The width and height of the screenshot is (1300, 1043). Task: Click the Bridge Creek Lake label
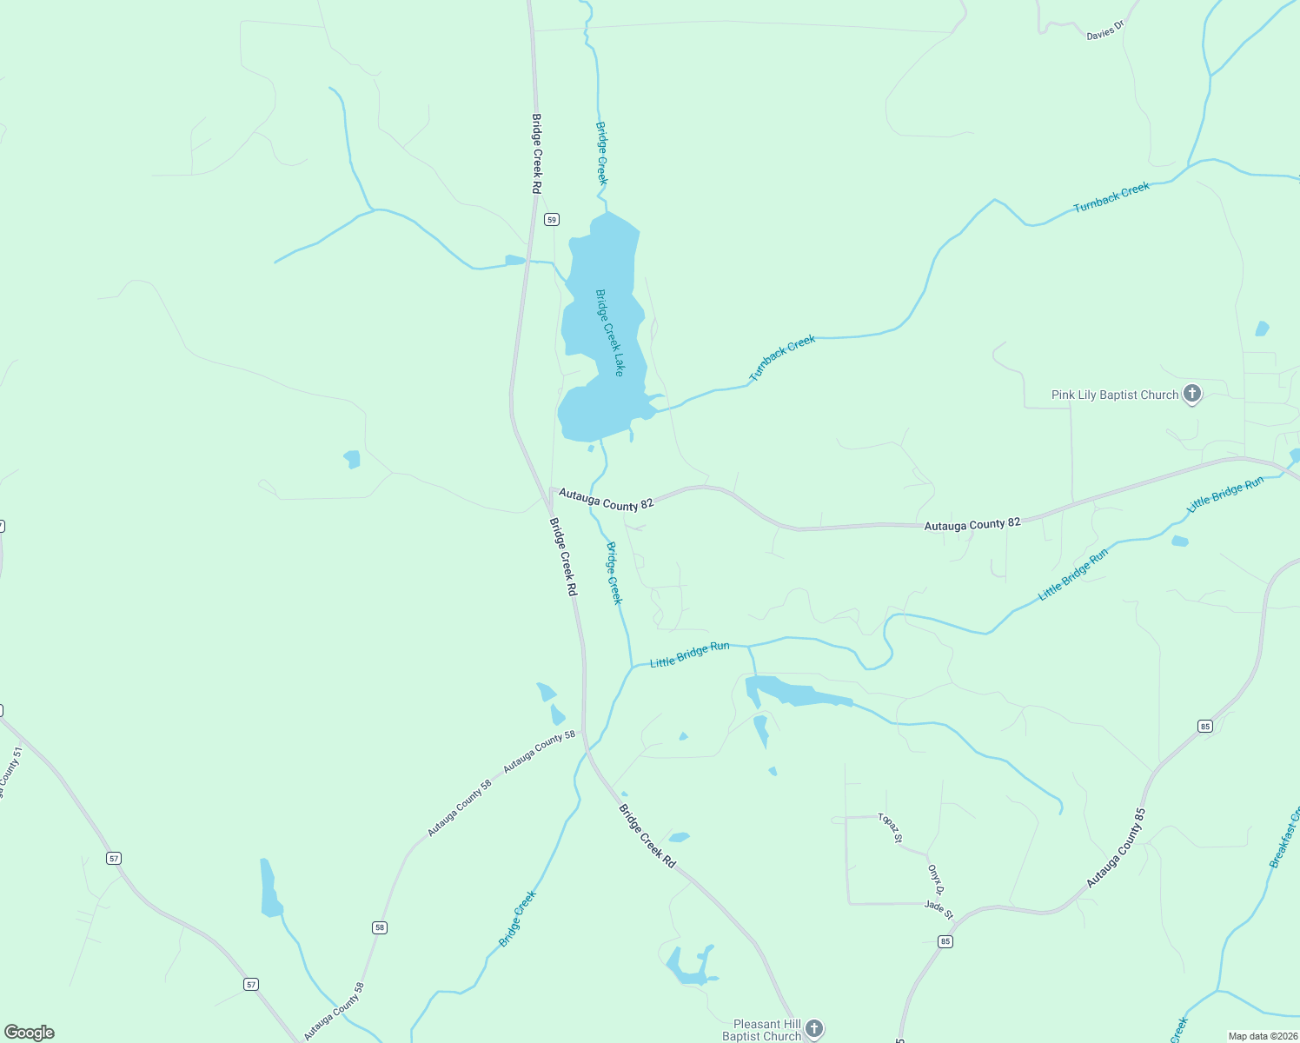(x=608, y=333)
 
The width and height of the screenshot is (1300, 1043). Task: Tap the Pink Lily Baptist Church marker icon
(x=1192, y=395)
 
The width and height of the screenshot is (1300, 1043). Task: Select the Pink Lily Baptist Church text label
(x=1115, y=395)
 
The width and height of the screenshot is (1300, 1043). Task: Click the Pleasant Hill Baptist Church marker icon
(x=814, y=1029)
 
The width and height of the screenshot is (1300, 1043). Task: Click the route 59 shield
(x=552, y=220)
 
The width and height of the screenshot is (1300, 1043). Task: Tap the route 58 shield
(x=380, y=927)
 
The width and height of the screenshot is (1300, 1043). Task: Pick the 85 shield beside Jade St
(x=945, y=941)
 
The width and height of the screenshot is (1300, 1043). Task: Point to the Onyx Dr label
(x=935, y=879)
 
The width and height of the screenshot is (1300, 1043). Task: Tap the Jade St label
(x=939, y=910)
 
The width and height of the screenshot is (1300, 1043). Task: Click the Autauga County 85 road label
(x=1117, y=848)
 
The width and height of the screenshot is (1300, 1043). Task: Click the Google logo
(x=30, y=1033)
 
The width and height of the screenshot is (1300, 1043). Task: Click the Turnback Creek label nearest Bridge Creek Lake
(x=782, y=358)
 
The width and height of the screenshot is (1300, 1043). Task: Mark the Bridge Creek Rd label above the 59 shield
(x=537, y=154)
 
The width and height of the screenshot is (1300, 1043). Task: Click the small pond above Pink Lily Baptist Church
(x=1262, y=329)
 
